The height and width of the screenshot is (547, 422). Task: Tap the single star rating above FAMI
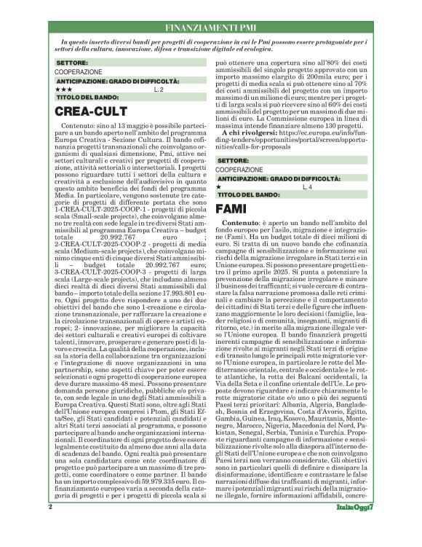coord(220,187)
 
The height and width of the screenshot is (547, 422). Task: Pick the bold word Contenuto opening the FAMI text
coord(242,221)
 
